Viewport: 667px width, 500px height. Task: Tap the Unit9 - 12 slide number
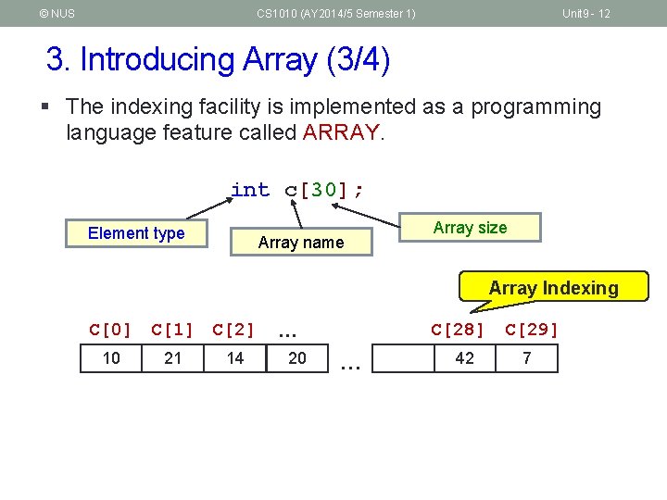(x=586, y=13)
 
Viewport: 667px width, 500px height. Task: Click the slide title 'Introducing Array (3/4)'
(x=219, y=59)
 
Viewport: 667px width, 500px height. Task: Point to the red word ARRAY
(x=340, y=132)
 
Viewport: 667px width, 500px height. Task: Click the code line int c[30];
(x=297, y=190)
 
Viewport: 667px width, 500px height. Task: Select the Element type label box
(x=136, y=233)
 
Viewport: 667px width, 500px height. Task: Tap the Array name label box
(x=300, y=243)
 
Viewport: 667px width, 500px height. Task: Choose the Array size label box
(x=470, y=228)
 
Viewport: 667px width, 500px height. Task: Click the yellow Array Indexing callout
(x=553, y=288)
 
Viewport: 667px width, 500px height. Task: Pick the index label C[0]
(x=111, y=329)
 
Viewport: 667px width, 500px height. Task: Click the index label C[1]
(x=172, y=329)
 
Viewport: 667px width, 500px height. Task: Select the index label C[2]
(x=233, y=329)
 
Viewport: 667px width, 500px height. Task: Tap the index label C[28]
(x=458, y=329)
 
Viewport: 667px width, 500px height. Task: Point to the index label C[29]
(x=532, y=329)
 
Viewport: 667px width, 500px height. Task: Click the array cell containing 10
(x=111, y=358)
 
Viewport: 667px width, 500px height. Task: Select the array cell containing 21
(x=173, y=358)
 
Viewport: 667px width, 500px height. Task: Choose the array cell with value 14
(x=235, y=358)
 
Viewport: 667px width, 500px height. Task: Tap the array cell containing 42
(x=465, y=358)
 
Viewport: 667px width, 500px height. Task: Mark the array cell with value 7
(x=527, y=358)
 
